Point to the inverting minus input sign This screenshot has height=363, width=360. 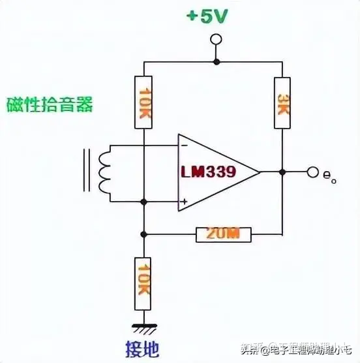tap(185, 146)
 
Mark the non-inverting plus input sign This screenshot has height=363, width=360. tap(185, 202)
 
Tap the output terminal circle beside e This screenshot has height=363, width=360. tap(313, 172)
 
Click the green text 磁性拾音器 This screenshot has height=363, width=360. tap(50, 104)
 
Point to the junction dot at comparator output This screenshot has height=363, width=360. tap(282, 172)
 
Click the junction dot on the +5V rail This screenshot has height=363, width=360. tap(215, 61)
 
